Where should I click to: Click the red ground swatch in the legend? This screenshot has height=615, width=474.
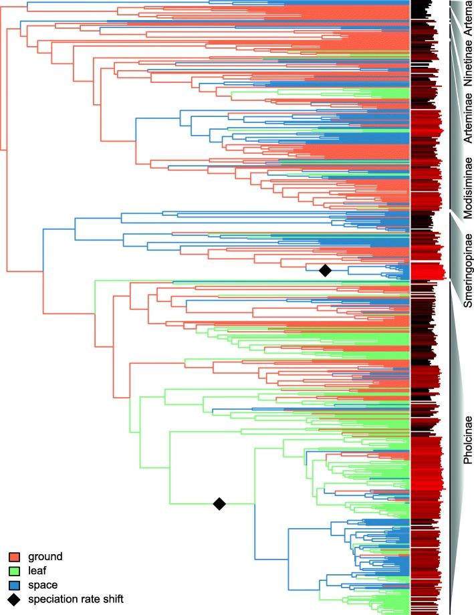point(13,556)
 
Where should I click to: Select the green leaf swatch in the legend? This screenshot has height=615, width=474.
point(13,570)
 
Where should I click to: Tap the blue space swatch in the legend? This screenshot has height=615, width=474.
point(13,584)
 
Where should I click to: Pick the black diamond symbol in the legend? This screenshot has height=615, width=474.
point(13,599)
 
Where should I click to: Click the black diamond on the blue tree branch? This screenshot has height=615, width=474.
point(325,270)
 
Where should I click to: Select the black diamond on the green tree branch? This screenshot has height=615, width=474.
point(219,503)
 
